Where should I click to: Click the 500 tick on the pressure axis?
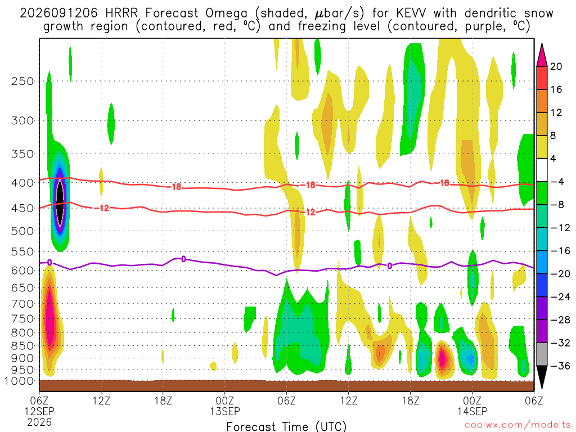tap(22, 231)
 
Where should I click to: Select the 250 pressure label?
tap(22, 81)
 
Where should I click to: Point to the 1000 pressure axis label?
tap(19, 381)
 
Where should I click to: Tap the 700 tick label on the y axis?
tap(22, 304)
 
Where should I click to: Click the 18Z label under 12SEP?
tap(163, 400)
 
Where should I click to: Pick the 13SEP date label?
tap(225, 411)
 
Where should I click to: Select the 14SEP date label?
tap(472, 411)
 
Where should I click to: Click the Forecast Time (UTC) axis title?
tap(286, 426)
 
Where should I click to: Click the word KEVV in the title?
tap(411, 13)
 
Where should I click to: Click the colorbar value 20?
tap(556, 66)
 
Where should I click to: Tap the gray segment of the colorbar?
tap(542, 354)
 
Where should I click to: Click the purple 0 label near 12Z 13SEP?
tap(389, 266)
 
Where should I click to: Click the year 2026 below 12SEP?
tap(39, 422)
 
